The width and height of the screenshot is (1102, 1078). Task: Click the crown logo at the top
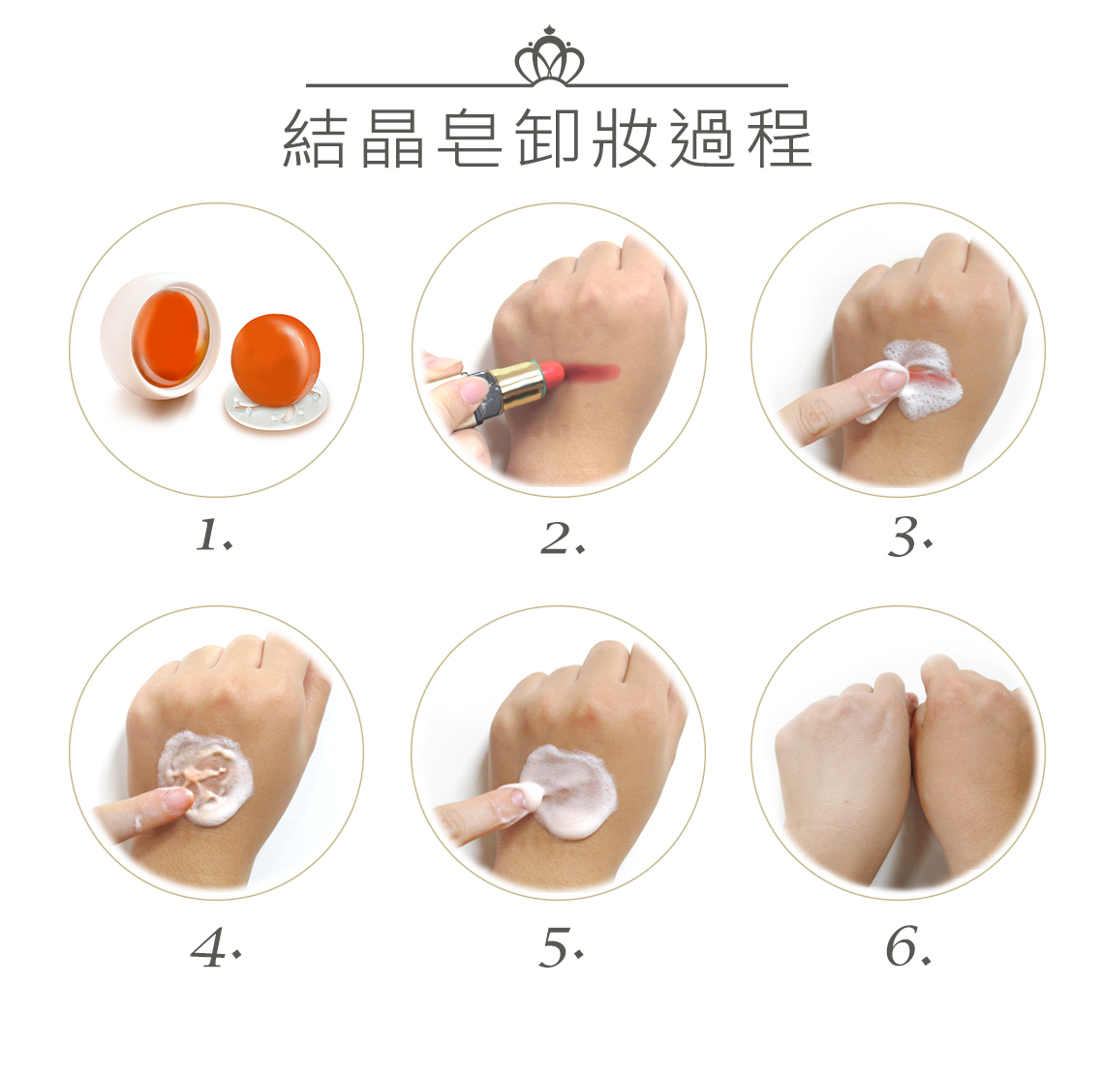(549, 55)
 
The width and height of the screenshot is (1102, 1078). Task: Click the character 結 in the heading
(314, 138)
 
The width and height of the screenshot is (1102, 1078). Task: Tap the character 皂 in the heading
(469, 138)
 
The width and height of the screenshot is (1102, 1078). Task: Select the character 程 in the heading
(780, 138)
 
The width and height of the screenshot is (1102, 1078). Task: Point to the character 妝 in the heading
(625, 138)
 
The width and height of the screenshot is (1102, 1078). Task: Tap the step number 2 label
(563, 538)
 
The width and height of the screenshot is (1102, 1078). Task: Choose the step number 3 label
(909, 537)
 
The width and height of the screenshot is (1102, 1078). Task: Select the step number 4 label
(217, 947)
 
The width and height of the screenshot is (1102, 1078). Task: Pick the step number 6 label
(908, 946)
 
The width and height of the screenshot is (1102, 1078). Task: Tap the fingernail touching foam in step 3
(891, 381)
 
